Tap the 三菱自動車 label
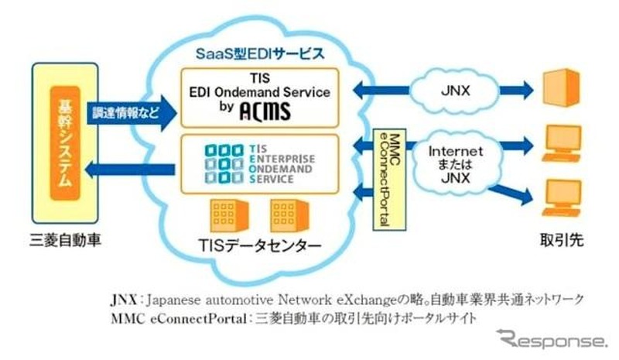coord(64,241)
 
